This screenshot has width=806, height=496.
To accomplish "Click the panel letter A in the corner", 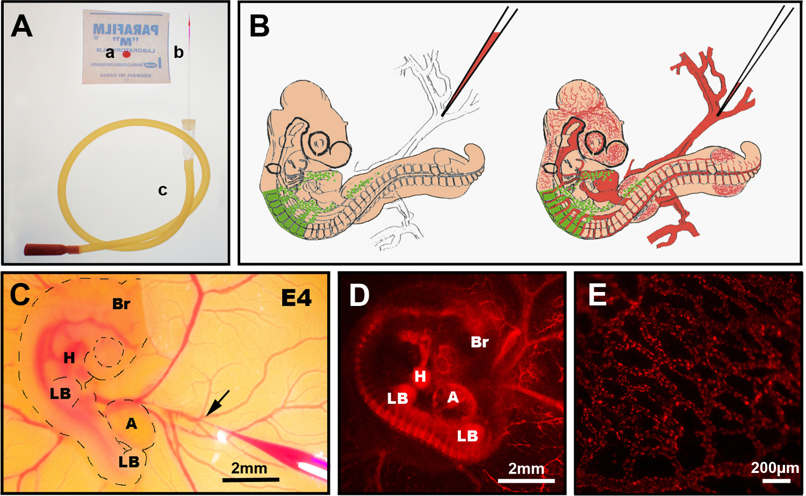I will click(21, 26).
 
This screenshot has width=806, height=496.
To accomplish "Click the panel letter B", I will click(260, 26).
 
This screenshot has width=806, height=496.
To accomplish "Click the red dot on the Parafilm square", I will click(127, 54).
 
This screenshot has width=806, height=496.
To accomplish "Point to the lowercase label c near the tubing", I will click(162, 190).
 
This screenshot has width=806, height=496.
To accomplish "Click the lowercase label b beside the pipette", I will click(178, 52).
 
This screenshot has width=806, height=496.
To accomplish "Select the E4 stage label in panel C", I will click(296, 297).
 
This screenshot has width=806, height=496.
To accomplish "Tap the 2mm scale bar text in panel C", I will click(249, 468).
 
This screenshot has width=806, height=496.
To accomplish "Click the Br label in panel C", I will click(121, 304).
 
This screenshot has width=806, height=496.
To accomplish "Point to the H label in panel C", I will click(69, 358).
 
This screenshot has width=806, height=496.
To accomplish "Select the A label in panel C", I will click(131, 424).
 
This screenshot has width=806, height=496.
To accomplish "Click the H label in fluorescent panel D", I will click(420, 376).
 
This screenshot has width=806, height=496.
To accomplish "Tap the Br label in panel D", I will click(479, 342).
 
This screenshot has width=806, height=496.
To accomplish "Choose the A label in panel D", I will click(453, 397).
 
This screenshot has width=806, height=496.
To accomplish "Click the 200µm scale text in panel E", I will click(774, 468).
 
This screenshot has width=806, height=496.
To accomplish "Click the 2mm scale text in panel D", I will click(526, 469).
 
